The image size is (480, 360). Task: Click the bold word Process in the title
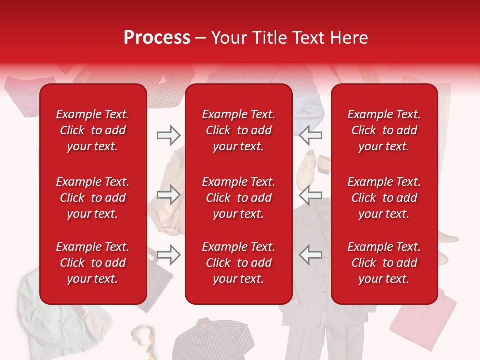pos(157,38)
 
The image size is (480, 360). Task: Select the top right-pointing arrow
pos(168,135)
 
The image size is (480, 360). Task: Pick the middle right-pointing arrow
pos(168,195)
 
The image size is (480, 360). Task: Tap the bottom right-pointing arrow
pos(168,254)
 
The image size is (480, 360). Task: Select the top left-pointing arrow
pos(311,135)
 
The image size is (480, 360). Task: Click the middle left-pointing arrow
pos(311,195)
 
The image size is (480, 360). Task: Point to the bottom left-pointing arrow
pos(311,254)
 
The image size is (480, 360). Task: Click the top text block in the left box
pos(93,130)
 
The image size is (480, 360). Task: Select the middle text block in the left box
pos(93,198)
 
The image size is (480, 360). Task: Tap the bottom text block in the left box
pos(93,263)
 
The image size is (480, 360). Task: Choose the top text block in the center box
pos(238,130)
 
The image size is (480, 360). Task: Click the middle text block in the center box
pos(238,198)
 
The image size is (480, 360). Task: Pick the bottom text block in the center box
pos(238,263)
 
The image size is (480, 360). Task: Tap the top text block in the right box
pos(384,130)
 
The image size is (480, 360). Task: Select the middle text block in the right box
pos(384,198)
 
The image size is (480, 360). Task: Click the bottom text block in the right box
pos(384,263)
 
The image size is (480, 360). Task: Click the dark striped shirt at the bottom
pos(210,340)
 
